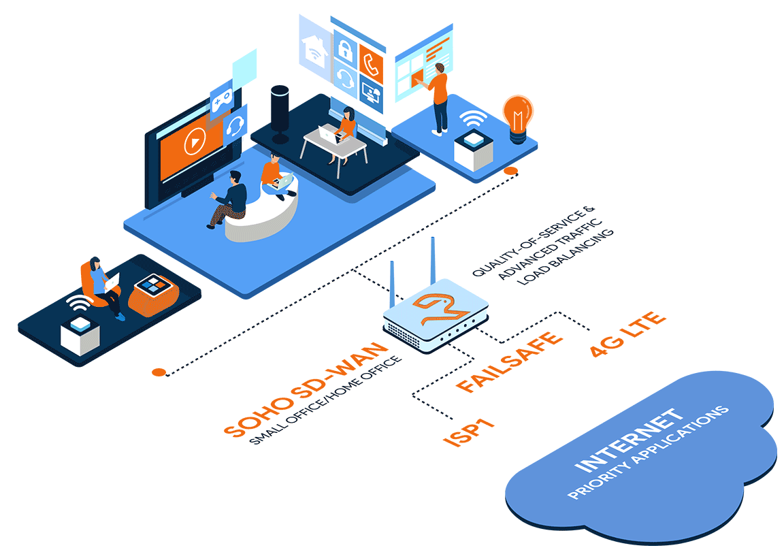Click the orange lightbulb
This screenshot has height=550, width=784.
[x=518, y=117]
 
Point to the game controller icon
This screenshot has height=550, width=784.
[x=222, y=101]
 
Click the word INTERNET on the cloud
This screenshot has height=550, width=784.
[x=630, y=440]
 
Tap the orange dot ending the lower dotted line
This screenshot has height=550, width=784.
[x=159, y=372]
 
